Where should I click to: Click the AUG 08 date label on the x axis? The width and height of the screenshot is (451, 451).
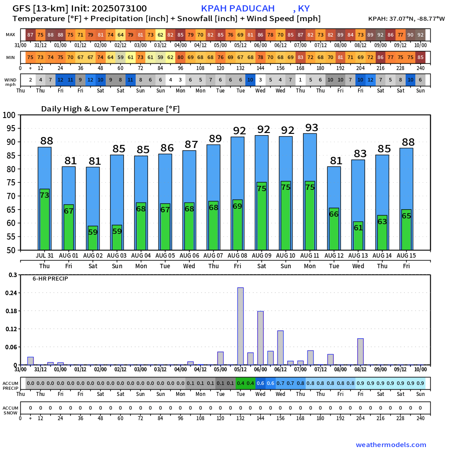[237, 255]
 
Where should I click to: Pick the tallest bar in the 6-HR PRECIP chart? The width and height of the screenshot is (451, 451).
[240, 326]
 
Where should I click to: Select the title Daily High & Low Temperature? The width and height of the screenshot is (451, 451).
[110, 109]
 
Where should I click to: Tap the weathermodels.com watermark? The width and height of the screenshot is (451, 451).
[391, 445]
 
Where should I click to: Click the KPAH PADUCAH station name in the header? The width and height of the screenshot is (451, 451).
[238, 8]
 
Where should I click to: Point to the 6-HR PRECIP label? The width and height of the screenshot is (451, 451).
[50, 279]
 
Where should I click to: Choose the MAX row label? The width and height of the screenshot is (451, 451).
[11, 35]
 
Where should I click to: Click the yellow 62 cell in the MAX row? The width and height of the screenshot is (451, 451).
[160, 35]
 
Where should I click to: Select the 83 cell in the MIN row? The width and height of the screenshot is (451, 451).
[300, 58]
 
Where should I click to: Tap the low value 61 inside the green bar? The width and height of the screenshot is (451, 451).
[358, 228]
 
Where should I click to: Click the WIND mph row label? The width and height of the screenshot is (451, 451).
[11, 82]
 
